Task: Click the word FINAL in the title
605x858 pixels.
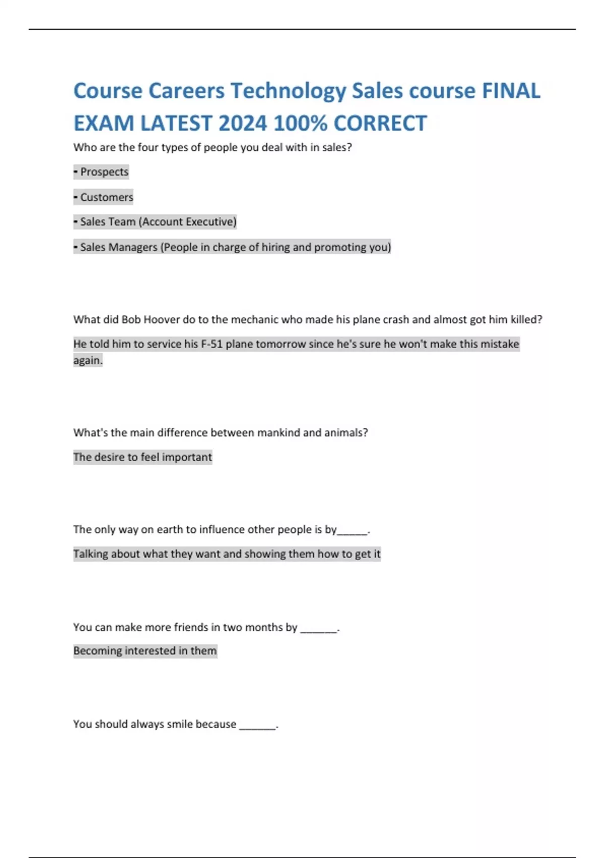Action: coord(511,91)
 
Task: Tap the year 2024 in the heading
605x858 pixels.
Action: coord(243,124)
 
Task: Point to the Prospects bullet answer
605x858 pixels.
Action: coord(104,172)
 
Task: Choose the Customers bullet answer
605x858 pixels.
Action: coord(106,197)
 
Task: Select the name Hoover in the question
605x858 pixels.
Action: coord(161,319)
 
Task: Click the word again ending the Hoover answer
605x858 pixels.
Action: coord(88,360)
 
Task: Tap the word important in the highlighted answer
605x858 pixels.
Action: coord(187,457)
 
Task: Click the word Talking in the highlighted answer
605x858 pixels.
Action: coord(90,554)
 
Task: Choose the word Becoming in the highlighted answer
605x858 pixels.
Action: coord(97,651)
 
